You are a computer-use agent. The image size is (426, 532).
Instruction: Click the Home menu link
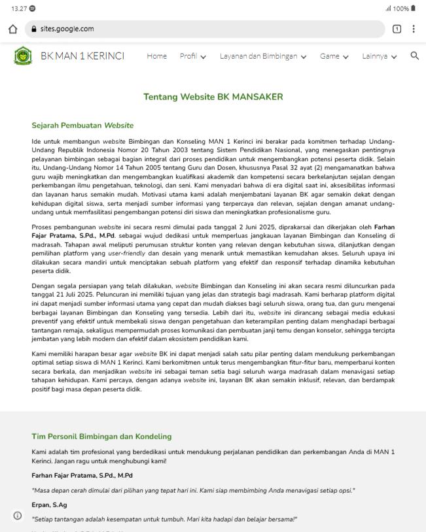156,56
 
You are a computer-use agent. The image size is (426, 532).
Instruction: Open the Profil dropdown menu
193,56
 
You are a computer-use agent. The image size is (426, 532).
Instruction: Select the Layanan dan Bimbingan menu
263,56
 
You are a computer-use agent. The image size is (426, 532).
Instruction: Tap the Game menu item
334,56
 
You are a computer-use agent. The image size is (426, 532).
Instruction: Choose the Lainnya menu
380,56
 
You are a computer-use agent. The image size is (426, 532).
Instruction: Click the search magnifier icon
414,56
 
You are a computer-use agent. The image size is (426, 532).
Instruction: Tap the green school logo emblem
23,56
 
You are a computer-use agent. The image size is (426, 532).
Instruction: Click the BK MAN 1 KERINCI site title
82,56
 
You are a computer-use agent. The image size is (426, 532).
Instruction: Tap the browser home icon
13,29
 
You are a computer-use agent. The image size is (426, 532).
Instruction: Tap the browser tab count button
397,29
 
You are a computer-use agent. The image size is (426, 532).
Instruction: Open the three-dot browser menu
414,29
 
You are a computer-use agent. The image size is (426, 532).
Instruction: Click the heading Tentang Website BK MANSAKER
213,97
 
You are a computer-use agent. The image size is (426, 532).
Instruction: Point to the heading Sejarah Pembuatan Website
82,125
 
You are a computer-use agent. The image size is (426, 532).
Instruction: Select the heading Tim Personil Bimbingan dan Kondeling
101,437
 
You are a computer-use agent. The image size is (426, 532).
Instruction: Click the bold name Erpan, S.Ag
50,505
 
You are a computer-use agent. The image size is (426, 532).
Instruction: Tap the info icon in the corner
18,515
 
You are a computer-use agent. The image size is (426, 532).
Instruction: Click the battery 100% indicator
400,8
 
